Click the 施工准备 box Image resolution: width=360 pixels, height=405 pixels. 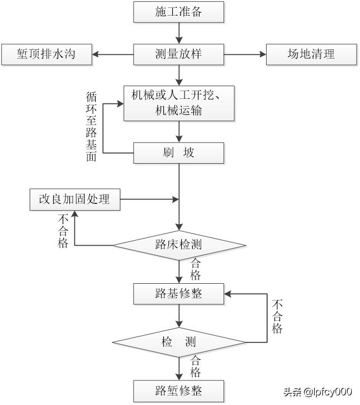pyautogui.click(x=178, y=12)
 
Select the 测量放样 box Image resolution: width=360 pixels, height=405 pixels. pyautogui.click(x=178, y=55)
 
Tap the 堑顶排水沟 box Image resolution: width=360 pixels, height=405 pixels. pyautogui.click(x=46, y=55)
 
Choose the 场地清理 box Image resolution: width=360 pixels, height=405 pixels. pyautogui.click(x=311, y=55)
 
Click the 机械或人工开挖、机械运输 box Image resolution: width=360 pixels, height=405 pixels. pyautogui.click(x=178, y=103)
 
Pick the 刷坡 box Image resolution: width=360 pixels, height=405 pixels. pyautogui.click(x=178, y=153)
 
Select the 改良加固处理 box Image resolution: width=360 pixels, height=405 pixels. pyautogui.click(x=74, y=199)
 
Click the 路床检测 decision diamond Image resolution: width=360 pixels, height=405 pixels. pyautogui.click(x=179, y=245)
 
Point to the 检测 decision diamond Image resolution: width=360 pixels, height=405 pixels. pyautogui.click(x=179, y=341)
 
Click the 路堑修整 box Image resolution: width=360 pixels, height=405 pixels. pyautogui.click(x=178, y=389)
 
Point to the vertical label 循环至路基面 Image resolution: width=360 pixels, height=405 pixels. pyautogui.click(x=91, y=127)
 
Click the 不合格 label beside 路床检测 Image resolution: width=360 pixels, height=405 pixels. pyautogui.click(x=63, y=231)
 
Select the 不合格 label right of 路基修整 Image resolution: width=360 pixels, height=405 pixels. pyautogui.click(x=277, y=316)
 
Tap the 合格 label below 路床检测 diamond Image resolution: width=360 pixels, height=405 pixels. pyautogui.click(x=195, y=269)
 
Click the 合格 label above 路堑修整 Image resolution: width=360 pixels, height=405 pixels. pyautogui.click(x=195, y=366)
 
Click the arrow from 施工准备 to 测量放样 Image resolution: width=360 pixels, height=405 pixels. pyautogui.click(x=178, y=34)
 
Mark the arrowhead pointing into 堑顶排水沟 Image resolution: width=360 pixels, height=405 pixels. pyautogui.click(x=96, y=55)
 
